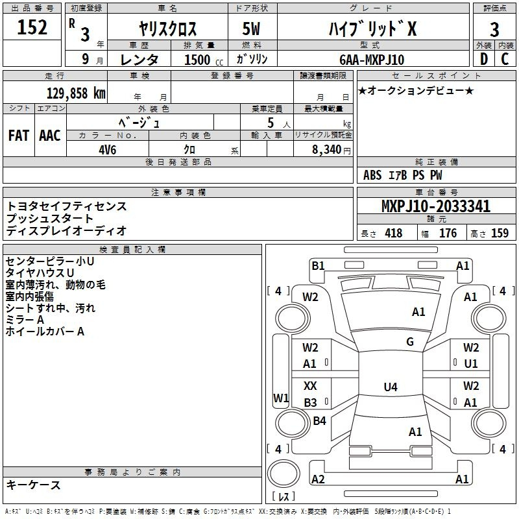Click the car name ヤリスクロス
click(168, 29)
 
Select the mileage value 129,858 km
click(76, 93)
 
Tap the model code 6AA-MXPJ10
click(372, 60)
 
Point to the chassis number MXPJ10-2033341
click(435, 207)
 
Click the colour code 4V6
click(108, 149)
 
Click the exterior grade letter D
click(484, 60)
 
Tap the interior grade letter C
click(505, 60)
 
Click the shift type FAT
click(19, 136)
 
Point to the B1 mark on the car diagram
click(318, 265)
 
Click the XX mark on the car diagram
click(311, 386)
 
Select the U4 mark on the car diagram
click(390, 387)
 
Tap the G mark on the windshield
click(410, 342)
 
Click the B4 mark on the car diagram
click(320, 422)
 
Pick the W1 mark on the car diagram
click(280, 397)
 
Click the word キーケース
click(34, 485)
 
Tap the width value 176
click(448, 234)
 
